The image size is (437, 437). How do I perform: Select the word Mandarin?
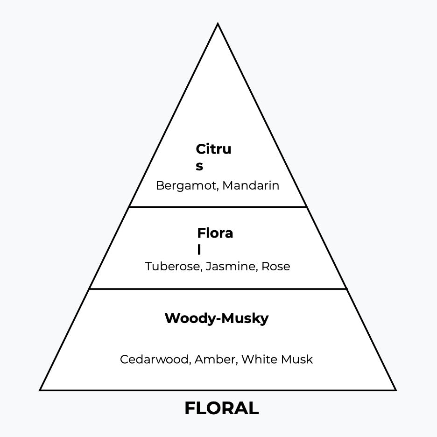coord(251,186)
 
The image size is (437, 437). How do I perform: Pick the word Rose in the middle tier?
coord(275,267)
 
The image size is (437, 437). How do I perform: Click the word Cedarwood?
coord(155,359)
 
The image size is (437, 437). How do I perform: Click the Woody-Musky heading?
coord(217,318)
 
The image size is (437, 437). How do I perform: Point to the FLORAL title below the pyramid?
coord(221,409)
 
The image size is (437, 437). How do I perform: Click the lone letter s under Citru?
coord(199,166)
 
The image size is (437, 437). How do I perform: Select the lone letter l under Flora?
coord(199,250)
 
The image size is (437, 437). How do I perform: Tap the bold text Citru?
coord(213,149)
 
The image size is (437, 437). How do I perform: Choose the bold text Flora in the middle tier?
coord(215,233)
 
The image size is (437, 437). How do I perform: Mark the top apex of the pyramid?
coord(218,24)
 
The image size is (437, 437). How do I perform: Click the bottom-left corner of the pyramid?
coord(41,389)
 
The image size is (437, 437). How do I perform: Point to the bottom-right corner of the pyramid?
coord(395,389)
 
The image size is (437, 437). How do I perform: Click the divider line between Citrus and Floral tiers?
coord(218,206)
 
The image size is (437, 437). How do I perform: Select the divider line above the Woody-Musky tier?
coord(218,289)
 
